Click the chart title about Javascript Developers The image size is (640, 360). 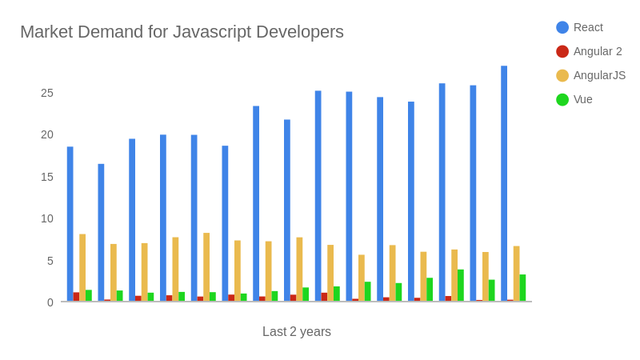pos(182,32)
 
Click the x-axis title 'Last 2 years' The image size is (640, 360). pos(296,331)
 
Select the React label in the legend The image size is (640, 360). pos(588,27)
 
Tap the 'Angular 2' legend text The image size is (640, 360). pos(598,51)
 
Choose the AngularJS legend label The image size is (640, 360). pos(599,75)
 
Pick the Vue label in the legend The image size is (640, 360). pos(583,99)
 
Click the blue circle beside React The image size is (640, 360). pos(562,27)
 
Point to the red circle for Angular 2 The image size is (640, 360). pos(562,51)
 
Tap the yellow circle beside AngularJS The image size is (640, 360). pos(562,75)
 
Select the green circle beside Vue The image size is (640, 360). pos(562,99)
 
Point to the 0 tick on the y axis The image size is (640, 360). pos(50,302)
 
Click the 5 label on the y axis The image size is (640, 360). pos(50,261)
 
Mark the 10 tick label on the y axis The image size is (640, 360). pos(47,218)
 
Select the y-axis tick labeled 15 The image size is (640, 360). pos(47,177)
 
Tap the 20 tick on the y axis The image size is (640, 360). pos(47,134)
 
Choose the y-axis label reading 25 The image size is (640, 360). pos(47,93)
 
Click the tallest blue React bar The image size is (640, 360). pos(504,184)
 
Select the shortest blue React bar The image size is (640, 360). pos(101,232)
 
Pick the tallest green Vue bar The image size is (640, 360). pos(461,286)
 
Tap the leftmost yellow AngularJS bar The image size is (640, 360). pos(82,268)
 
